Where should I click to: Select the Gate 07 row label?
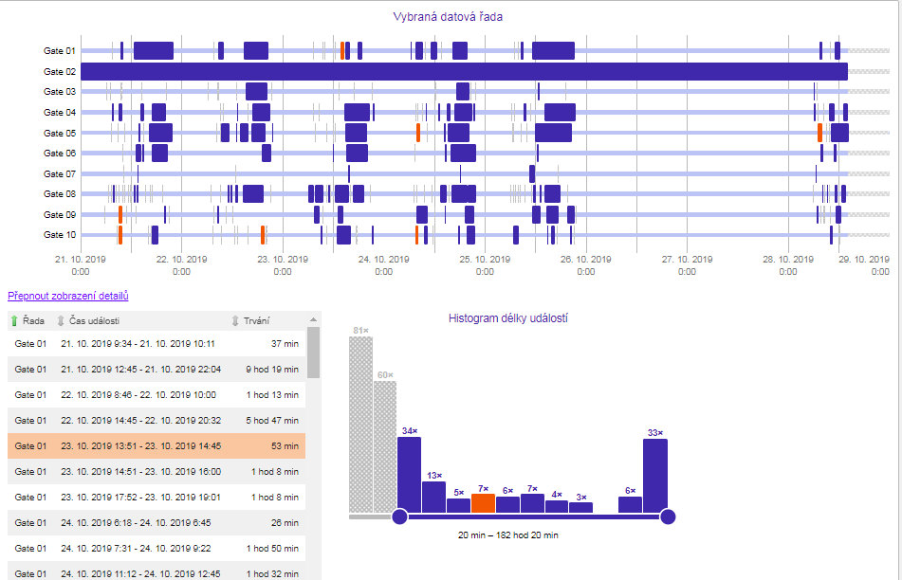[60, 174]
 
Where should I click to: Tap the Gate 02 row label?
[60, 72]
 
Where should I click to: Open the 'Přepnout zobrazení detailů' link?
[67, 297]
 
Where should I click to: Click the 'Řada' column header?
[33, 320]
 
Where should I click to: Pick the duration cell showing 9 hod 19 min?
[272, 370]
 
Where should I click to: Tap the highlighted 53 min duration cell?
[284, 446]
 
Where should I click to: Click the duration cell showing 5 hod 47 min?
[272, 421]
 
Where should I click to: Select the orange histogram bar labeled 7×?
[483, 503]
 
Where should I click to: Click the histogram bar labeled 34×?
[409, 474]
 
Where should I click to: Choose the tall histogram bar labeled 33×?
[655, 475]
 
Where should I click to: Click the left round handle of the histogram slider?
[399, 517]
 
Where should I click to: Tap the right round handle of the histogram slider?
[668, 517]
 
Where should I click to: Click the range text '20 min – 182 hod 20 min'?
[507, 535]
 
